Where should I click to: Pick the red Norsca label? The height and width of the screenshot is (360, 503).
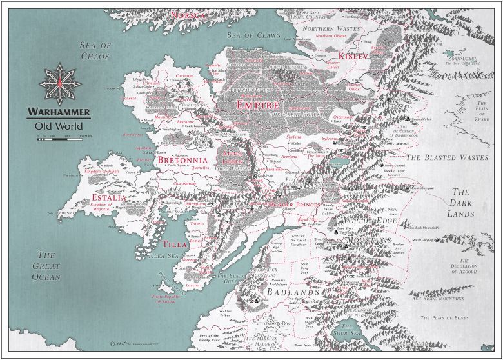coord(186,14)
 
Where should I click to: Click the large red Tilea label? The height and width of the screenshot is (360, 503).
coord(175,245)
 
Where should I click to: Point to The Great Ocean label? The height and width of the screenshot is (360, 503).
coord(47,265)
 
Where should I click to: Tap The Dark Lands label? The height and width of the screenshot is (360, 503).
coord(462,202)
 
